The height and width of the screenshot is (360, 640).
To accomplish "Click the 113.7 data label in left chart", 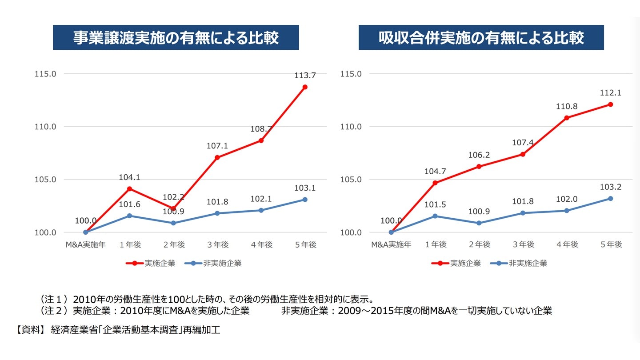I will (x=305, y=76).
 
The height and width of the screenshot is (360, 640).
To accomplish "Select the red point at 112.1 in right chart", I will (x=610, y=104).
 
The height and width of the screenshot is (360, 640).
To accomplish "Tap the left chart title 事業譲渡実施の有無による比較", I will (x=176, y=38).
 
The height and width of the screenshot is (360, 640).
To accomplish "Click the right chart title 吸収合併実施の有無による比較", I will (x=481, y=38).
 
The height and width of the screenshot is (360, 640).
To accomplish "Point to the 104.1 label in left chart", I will (x=129, y=177).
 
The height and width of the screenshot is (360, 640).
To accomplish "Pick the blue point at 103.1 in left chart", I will (x=305, y=200).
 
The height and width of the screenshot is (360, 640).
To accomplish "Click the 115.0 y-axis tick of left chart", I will (x=45, y=74).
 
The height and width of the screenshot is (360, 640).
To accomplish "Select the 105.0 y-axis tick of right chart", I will (x=351, y=180).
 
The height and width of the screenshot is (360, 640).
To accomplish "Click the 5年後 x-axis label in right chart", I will (x=610, y=244).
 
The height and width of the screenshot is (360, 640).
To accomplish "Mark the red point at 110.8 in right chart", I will (x=567, y=118).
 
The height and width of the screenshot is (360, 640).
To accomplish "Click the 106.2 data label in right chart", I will (x=479, y=155).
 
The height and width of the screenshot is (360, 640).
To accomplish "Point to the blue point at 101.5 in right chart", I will (x=435, y=216).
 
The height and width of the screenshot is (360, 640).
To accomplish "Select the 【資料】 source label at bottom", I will (x=31, y=330).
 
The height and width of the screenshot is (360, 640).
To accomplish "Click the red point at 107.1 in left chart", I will (x=217, y=157).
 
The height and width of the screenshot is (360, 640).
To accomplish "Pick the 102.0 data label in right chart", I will (x=567, y=199).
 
